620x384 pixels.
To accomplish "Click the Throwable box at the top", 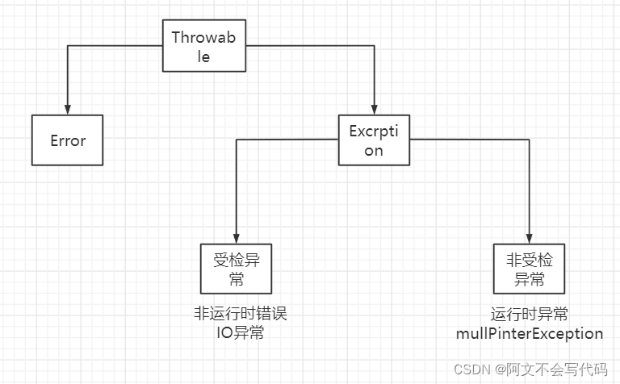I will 204,47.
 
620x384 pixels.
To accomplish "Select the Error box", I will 68,140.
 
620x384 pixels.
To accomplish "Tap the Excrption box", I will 373,140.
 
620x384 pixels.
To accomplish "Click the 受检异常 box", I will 236,269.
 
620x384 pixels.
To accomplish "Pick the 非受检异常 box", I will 530,269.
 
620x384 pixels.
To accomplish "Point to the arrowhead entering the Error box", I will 68,110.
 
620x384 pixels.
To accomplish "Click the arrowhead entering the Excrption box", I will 374,110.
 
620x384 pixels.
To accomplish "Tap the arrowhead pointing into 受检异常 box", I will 236,239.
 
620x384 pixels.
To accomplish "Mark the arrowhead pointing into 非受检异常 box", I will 530,239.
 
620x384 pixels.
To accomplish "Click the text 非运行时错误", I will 240,315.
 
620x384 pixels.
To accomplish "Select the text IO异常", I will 240,333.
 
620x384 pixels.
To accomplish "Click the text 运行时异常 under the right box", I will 530,315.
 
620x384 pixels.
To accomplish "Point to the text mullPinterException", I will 530,333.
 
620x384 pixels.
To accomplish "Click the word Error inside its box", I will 68,140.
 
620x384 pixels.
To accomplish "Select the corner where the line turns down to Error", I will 68,47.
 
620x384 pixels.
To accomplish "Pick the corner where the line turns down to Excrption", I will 374,47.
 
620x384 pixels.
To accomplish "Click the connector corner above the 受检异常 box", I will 236,140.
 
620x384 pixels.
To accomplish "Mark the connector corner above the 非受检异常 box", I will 530,140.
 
